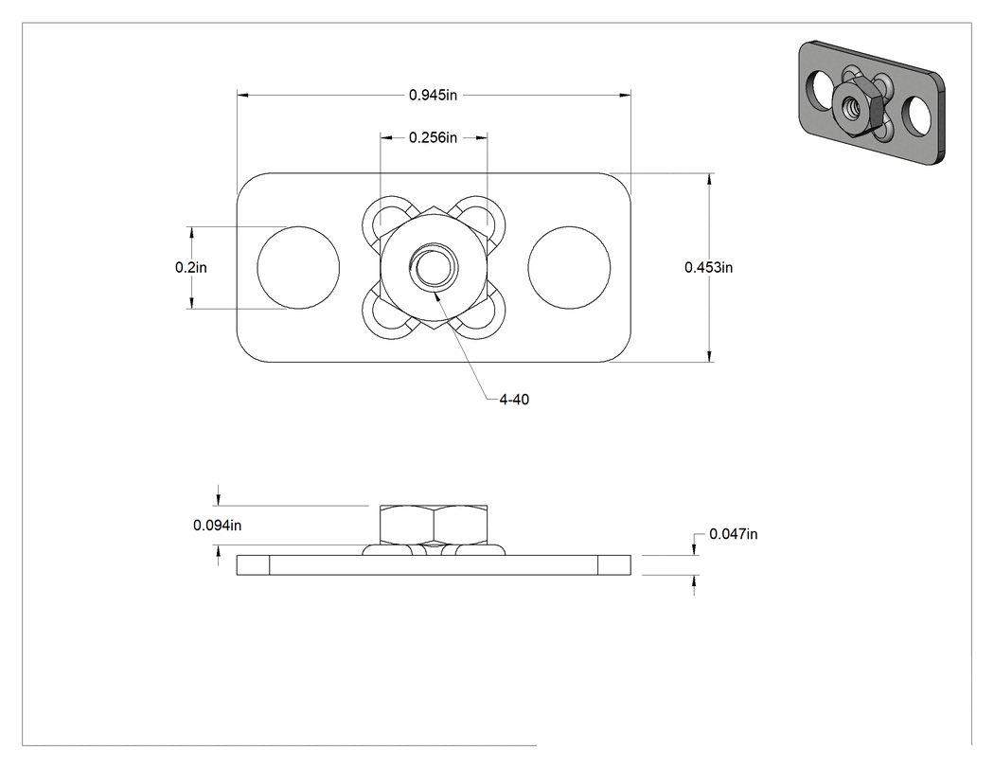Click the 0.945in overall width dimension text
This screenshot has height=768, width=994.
point(433,95)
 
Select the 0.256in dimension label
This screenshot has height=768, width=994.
point(433,137)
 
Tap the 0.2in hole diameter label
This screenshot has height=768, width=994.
point(191,268)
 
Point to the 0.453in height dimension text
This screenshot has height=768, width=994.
point(708,268)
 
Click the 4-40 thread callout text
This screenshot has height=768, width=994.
point(513,400)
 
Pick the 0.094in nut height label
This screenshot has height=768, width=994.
point(217,526)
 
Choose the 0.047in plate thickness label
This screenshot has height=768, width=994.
point(733,534)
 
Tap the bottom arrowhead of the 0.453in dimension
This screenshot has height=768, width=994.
point(709,357)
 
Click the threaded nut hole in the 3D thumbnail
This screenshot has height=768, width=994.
point(850,110)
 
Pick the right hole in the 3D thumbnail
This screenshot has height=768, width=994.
point(916,116)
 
